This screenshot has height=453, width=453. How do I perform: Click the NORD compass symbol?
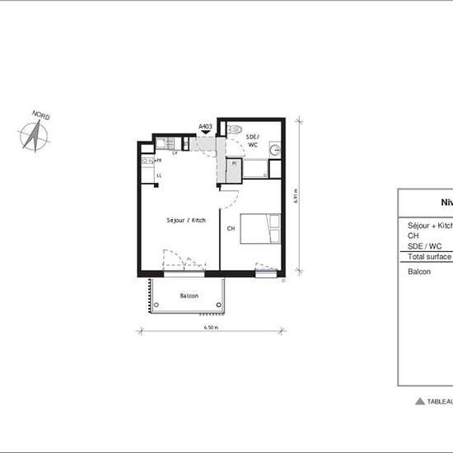pyautogui.click(x=32, y=135)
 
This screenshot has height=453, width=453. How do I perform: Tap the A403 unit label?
pyautogui.click(x=206, y=127)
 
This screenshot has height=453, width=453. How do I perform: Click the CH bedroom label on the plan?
pyautogui.click(x=231, y=227)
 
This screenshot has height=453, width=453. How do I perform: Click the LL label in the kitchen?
pyautogui.click(x=159, y=175)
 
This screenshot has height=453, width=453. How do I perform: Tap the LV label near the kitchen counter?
pyautogui.click(x=175, y=153)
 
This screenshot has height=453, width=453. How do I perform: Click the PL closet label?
pyautogui.click(x=234, y=163)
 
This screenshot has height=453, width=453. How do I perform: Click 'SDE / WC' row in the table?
pyautogui.click(x=425, y=245)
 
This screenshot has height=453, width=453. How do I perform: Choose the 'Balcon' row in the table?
pyautogui.click(x=419, y=271)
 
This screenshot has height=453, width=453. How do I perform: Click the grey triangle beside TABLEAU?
pyautogui.click(x=420, y=401)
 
